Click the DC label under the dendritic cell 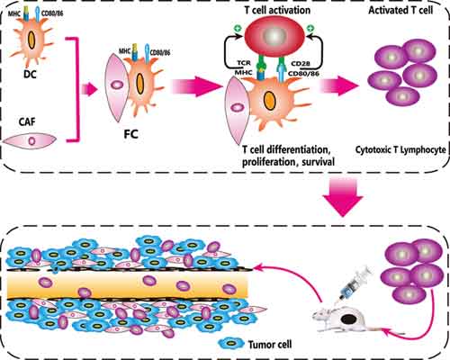tap(30, 74)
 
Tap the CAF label tap(27, 121)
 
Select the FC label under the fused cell tap(130, 134)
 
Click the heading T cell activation tap(277, 10)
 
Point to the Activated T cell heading tap(400, 10)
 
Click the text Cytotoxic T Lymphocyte tap(400, 149)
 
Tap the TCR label tap(244, 63)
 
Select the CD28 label tap(301, 64)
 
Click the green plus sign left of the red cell tap(238, 29)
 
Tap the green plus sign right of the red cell tap(311, 29)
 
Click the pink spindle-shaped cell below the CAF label tap(30, 140)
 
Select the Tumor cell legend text tap(270, 344)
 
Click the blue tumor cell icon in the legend tap(230, 344)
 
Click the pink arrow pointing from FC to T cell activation tap(196, 86)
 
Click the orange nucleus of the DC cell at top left tap(31, 40)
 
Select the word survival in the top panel tap(319, 162)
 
